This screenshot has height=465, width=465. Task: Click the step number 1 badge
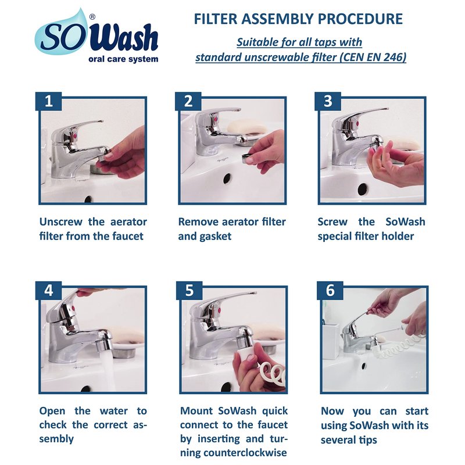(x=49, y=101)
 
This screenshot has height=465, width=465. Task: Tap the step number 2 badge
(x=188, y=101)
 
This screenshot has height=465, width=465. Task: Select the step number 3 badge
(x=328, y=101)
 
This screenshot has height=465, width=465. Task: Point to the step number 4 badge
(x=49, y=290)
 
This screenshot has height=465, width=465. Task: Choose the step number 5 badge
(x=189, y=290)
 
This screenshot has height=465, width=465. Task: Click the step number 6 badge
(x=330, y=290)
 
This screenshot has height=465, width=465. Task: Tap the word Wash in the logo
(x=127, y=38)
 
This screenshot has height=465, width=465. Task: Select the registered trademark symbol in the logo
(x=92, y=17)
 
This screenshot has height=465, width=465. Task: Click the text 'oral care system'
(x=123, y=59)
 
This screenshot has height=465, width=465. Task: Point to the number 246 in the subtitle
(x=395, y=57)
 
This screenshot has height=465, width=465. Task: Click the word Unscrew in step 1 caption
(x=61, y=222)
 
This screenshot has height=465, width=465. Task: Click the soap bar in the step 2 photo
(x=247, y=127)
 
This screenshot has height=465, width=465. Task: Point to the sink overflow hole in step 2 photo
(x=227, y=178)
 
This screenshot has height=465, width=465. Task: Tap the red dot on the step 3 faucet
(x=357, y=123)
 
